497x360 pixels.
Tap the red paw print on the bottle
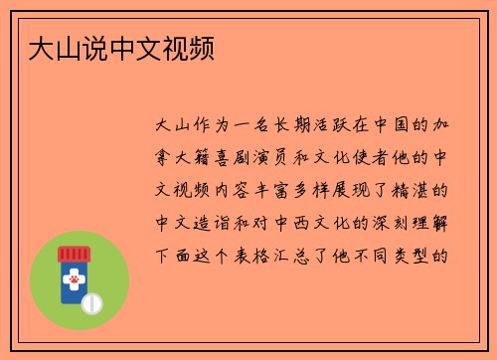click(x=73, y=280)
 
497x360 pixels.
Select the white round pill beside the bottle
click(x=91, y=300)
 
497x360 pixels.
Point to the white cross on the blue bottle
click(x=73, y=269)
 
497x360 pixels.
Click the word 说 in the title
click(x=87, y=48)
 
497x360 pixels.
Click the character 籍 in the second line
click(x=204, y=157)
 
